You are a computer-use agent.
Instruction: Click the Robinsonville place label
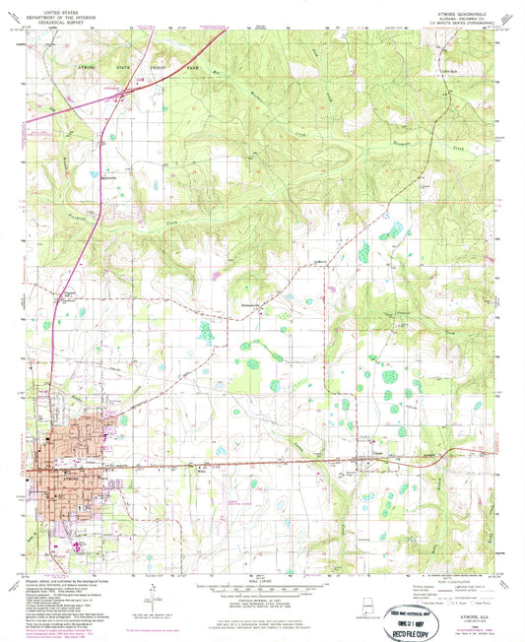tap(253, 305)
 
